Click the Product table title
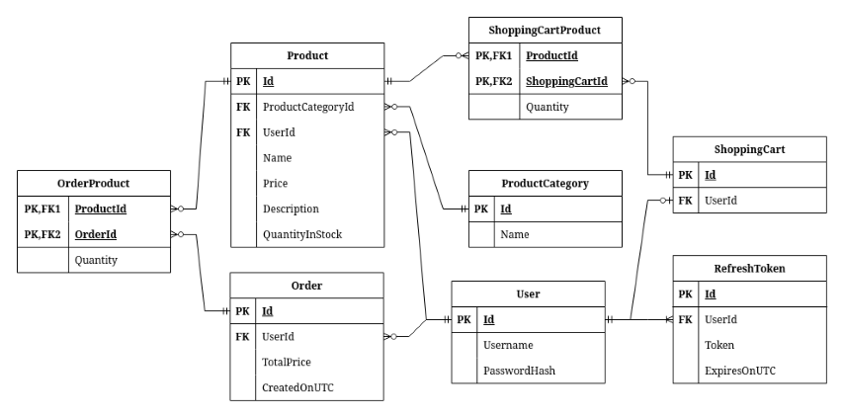click(x=306, y=55)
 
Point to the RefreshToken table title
click(x=748, y=268)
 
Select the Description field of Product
click(x=291, y=209)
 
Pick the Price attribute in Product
click(x=277, y=183)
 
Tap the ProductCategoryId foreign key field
click(x=308, y=106)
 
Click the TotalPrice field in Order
click(x=288, y=362)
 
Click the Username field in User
click(x=510, y=345)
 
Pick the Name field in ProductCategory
click(x=513, y=234)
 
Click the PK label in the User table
click(x=464, y=319)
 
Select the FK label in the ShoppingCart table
click(x=686, y=201)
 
